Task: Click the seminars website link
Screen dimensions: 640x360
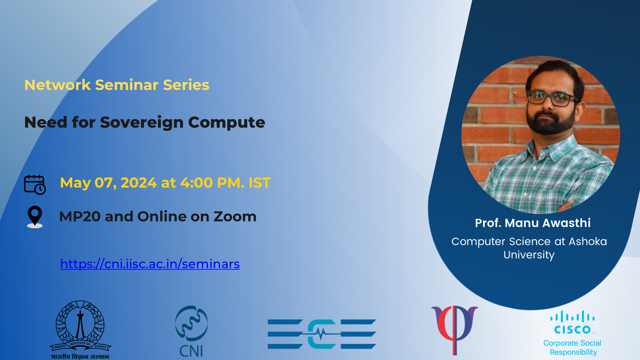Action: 150,264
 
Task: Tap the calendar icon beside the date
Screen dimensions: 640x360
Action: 35,185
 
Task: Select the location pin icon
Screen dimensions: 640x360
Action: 35,217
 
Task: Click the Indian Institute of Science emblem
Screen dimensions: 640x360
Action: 80,329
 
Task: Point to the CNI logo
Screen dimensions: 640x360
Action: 191,331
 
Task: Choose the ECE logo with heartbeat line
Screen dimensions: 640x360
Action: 322,334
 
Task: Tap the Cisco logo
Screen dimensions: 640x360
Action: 572,322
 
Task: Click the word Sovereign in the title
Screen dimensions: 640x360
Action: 142,123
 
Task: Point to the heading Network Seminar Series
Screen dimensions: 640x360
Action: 117,85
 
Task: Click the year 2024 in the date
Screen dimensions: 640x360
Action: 139,183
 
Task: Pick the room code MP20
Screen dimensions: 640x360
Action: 80,217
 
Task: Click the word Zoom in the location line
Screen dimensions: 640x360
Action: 235,217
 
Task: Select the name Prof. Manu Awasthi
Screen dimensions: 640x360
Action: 533,223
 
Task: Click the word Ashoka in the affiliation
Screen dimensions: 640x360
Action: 588,241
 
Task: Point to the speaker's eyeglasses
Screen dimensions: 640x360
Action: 553,98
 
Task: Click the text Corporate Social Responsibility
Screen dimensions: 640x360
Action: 572,348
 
